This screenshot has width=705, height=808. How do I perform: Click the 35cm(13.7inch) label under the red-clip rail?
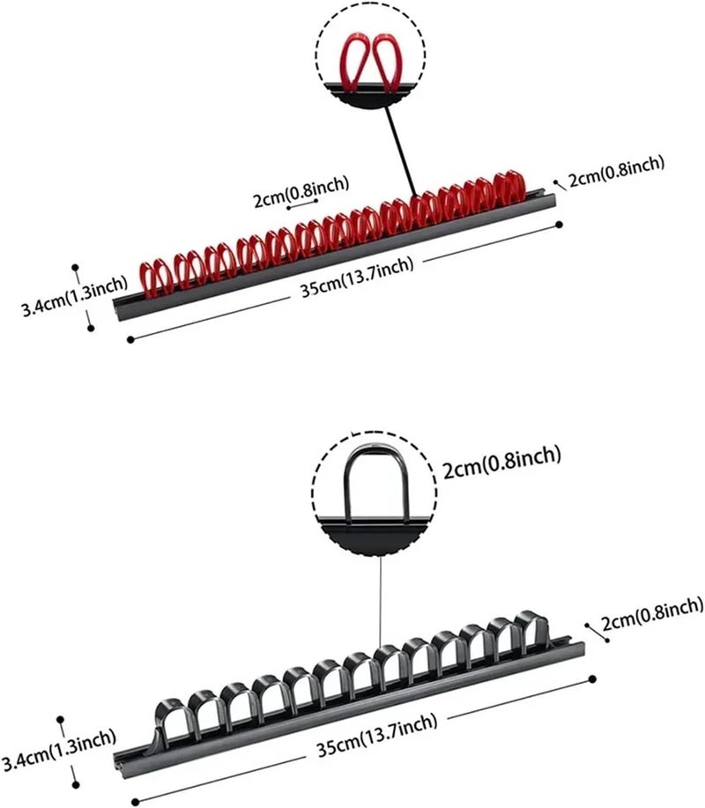pos(357,278)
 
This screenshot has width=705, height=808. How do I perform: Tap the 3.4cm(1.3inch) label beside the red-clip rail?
pos(74,297)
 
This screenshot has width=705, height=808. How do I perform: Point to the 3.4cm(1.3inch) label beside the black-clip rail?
pos(59,751)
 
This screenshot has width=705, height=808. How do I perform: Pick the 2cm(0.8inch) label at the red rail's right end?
pos(616,171)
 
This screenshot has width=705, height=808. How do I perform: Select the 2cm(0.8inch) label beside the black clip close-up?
pos(502,462)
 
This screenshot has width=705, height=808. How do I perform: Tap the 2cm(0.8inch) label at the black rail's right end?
pos(652,614)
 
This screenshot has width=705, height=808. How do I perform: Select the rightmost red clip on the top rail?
pos(509,188)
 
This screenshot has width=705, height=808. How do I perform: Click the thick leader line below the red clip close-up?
pos(402,152)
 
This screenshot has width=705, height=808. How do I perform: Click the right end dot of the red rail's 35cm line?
pos(560,224)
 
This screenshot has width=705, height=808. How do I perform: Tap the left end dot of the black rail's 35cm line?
pos(135,802)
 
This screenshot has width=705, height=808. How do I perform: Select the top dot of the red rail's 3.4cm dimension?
pos(75,268)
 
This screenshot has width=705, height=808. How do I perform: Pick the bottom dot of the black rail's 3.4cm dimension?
pos(76,785)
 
